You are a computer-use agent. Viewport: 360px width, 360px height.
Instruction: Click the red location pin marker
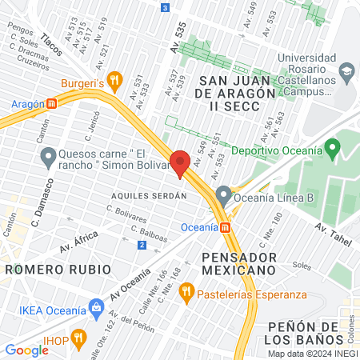180,162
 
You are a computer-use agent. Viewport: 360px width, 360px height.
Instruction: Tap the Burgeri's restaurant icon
115,80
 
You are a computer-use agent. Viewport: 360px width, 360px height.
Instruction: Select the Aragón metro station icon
52,103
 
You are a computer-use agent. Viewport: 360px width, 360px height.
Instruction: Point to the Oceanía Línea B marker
223,194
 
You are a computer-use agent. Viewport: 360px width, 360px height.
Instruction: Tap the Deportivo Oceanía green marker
334,149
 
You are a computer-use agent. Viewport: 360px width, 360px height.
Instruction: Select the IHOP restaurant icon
78,338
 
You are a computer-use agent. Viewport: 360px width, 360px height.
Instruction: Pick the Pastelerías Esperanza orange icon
186,294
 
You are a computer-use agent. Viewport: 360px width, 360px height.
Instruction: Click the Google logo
27,350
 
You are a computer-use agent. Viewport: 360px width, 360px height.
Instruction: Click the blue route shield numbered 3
165,7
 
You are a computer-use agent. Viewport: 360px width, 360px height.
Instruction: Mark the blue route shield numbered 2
142,244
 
